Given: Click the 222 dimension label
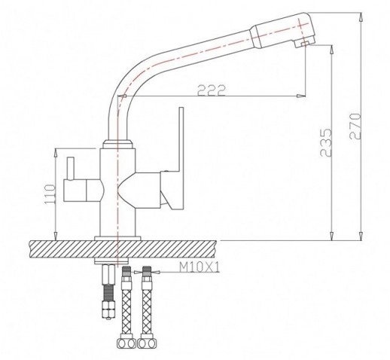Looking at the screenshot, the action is pyautogui.click(x=212, y=90).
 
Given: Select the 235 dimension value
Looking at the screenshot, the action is pyautogui.click(x=326, y=143).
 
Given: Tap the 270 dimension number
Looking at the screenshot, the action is pyautogui.click(x=355, y=126).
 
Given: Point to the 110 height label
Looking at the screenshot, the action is pyautogui.click(x=50, y=194).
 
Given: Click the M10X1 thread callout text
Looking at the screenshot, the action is pyautogui.click(x=200, y=267).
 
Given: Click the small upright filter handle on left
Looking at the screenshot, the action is pyautogui.click(x=70, y=169).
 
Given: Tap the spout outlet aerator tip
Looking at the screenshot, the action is pyautogui.click(x=301, y=44).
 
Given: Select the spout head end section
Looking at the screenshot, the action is pyautogui.click(x=282, y=30).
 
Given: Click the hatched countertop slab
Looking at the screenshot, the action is pyautogui.click(x=123, y=249).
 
